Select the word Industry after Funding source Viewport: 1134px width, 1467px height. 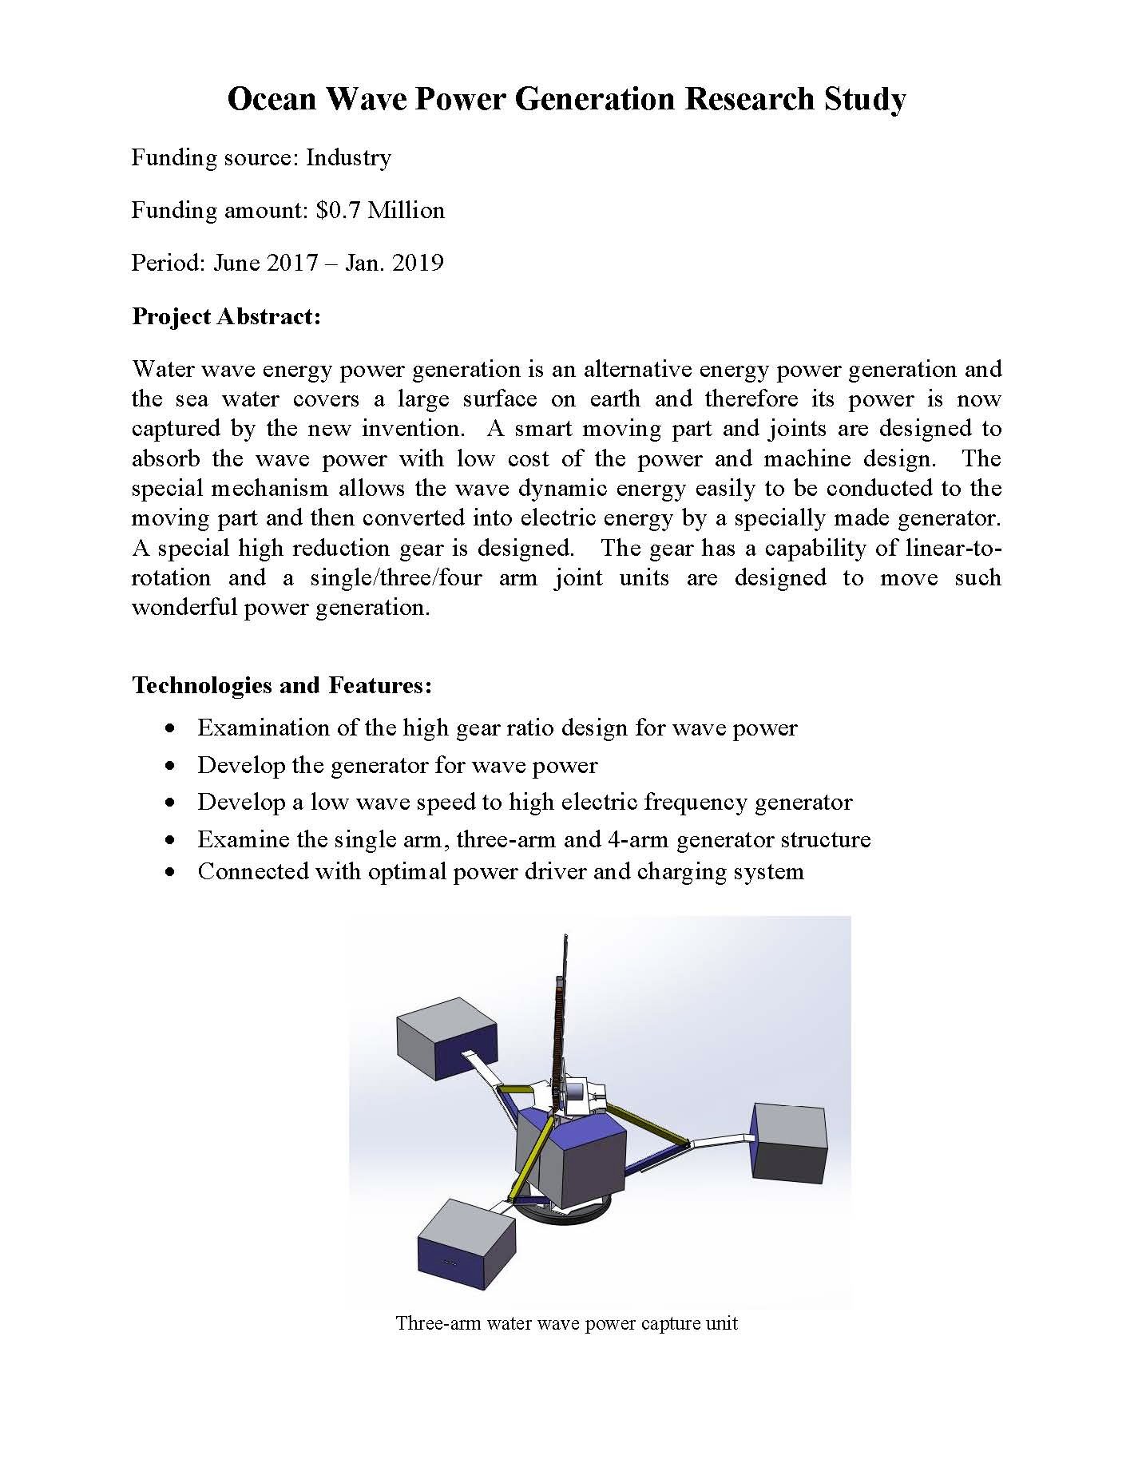pyautogui.click(x=348, y=158)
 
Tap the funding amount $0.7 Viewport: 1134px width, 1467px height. pyautogui.click(x=339, y=211)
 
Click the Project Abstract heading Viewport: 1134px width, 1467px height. pyautogui.click(x=226, y=317)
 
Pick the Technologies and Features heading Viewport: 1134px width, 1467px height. pyautogui.click(x=282, y=685)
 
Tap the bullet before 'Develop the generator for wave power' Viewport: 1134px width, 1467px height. pyautogui.click(x=169, y=766)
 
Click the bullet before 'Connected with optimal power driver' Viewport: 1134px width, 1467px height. pyautogui.click(x=169, y=872)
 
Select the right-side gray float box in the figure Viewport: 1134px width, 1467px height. pyautogui.click(x=789, y=1141)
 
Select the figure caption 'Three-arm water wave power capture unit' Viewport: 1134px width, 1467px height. pyautogui.click(x=566, y=1323)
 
